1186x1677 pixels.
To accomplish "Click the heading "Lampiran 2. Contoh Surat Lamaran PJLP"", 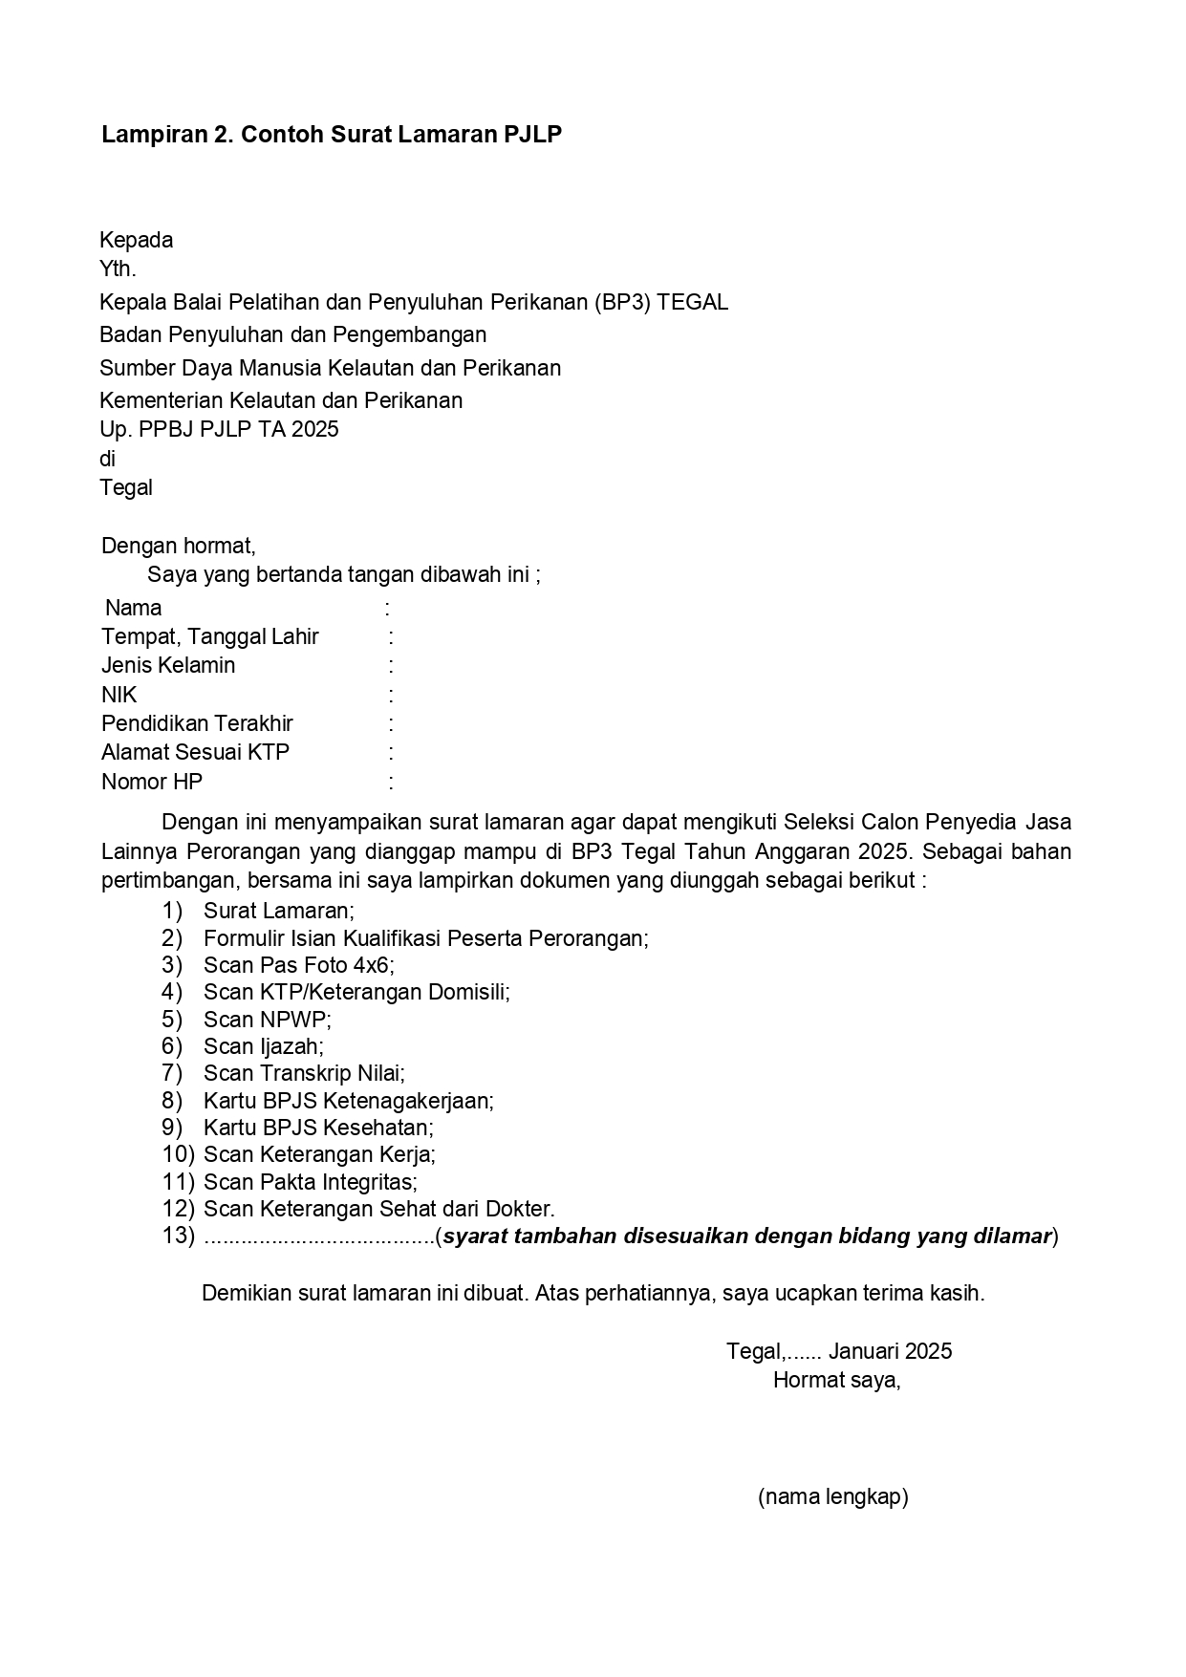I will pos(331,135).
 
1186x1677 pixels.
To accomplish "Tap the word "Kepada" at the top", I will pos(136,240).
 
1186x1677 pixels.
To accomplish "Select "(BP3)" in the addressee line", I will pos(621,303).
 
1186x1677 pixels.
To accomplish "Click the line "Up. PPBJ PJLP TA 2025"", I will pos(219,430).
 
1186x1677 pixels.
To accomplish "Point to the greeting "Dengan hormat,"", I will pos(178,547).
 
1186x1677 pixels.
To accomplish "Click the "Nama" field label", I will pos(134,609).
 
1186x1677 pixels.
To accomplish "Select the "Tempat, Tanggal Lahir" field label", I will pos(210,637).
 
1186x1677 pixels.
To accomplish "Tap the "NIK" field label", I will pos(119,696).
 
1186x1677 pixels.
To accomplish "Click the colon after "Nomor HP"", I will pos(391,783).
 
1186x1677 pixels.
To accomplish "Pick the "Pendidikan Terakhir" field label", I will pos(197,724).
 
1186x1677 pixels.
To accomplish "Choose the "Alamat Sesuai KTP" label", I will pos(195,753).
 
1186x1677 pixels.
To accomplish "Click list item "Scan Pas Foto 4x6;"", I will pos(298,965).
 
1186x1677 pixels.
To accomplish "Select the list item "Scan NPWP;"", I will pos(267,1020).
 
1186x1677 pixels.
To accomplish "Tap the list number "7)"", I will pos(172,1073).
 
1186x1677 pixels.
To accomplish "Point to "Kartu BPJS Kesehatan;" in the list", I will pos(318,1128).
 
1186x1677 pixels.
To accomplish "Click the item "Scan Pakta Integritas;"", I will pos(310,1182).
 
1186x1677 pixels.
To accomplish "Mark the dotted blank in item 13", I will pos(319,1236).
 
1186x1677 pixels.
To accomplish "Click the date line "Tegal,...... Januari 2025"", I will pos(838,1351).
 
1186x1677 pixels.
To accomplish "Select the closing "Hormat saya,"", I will pos(836,1380).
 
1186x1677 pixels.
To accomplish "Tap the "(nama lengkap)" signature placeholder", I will pos(832,1496).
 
